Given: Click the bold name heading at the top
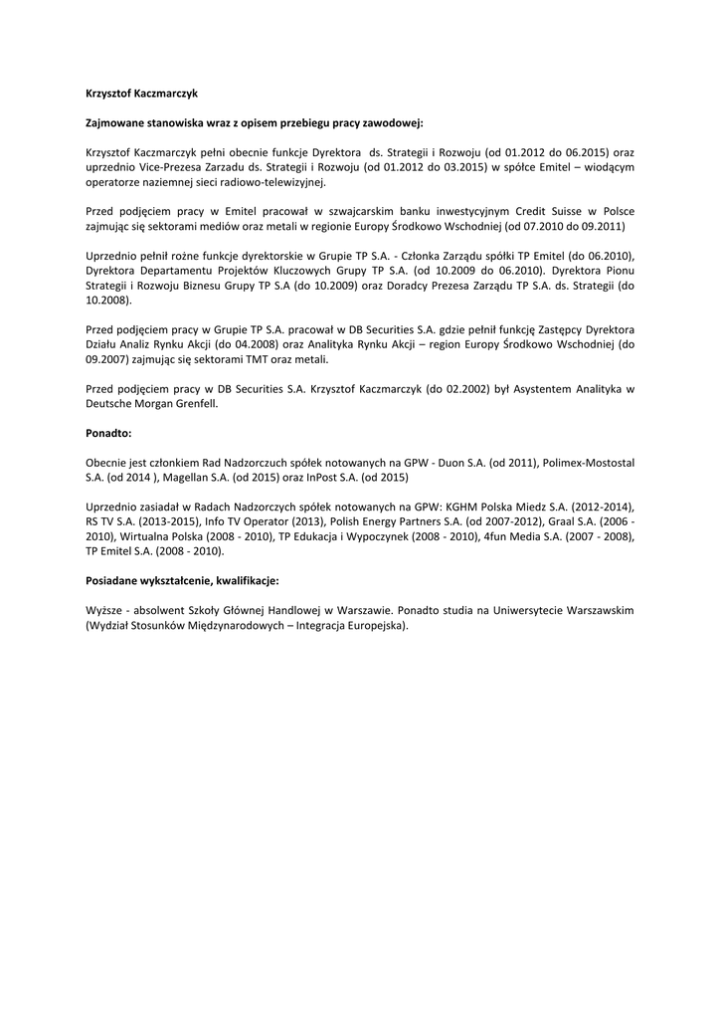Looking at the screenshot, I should click(x=141, y=93).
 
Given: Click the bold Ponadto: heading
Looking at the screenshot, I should click(x=108, y=433).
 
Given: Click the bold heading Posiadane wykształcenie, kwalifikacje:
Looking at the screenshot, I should click(x=182, y=580).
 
